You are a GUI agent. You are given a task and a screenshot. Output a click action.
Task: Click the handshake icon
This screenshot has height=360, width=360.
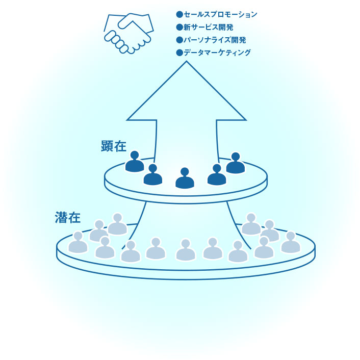pos(129,32)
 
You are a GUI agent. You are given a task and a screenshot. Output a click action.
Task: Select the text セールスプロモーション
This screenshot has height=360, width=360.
pos(220,14)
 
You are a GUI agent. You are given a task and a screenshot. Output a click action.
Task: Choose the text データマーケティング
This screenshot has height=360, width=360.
pos(217,53)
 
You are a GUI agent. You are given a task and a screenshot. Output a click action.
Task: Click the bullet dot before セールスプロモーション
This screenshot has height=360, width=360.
pos(179,14)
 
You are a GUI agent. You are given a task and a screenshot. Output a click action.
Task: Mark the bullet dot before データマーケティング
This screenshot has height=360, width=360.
pos(179,53)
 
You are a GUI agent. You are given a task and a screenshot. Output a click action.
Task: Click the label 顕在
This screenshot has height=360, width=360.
pos(114,146)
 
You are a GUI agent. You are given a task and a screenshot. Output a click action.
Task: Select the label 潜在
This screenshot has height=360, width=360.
pos(68,218)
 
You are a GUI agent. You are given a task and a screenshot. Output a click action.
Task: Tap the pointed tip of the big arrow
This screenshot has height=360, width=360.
pos(187,62)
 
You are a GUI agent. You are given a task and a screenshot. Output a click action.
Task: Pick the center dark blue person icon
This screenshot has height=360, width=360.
pos(185,178)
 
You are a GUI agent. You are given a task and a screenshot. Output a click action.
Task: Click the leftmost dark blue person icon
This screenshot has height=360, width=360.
pos(135,162)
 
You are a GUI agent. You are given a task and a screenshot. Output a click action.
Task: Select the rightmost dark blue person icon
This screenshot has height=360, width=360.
pos(236,163)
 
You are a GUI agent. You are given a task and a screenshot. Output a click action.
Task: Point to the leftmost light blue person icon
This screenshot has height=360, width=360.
pos(78,243)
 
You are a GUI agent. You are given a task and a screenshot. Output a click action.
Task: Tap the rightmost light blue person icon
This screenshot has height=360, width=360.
pos(291,243)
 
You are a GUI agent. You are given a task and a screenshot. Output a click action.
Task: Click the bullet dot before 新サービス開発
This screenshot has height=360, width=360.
pos(179,27)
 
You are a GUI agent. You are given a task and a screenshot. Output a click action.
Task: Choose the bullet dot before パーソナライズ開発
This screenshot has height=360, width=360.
pos(179,40)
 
